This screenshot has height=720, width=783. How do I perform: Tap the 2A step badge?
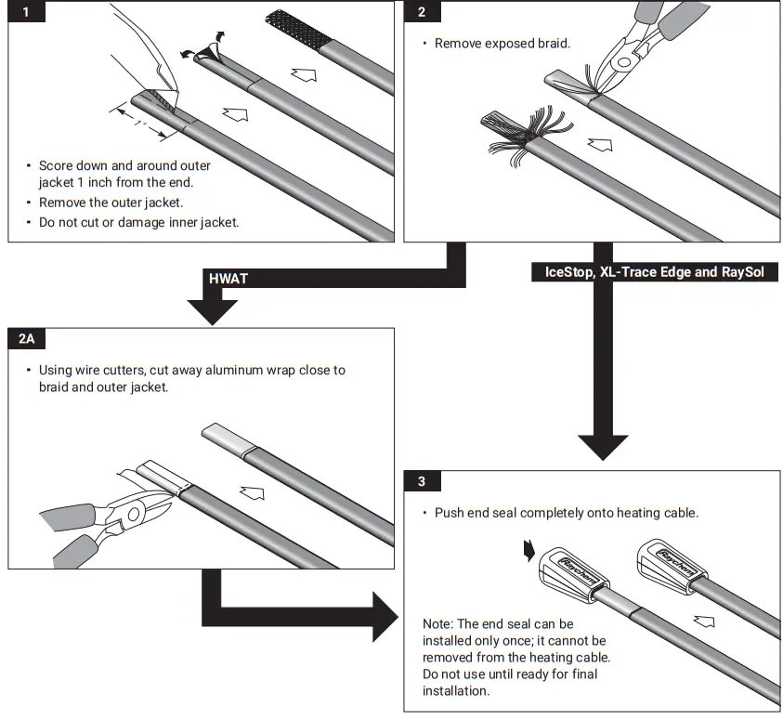pyautogui.click(x=26, y=339)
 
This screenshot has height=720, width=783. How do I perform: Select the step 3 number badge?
pyautogui.click(x=422, y=481)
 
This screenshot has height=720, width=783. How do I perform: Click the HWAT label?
pyautogui.click(x=228, y=278)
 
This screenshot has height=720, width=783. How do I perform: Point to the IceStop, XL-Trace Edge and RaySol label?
pyautogui.click(x=647, y=273)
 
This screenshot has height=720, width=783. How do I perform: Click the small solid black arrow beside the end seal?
pyautogui.click(x=529, y=552)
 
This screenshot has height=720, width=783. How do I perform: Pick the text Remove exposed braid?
pyautogui.click(x=502, y=43)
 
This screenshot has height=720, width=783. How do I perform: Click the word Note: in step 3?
pyautogui.click(x=438, y=624)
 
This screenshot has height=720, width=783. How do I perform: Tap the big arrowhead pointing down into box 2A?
pyautogui.click(x=213, y=311)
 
